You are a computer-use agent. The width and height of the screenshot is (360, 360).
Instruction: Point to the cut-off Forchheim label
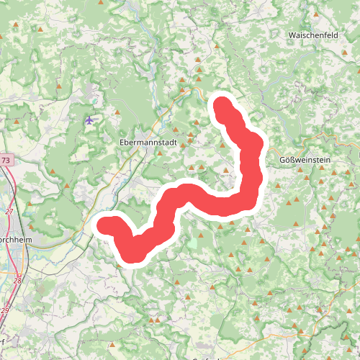point(14,240)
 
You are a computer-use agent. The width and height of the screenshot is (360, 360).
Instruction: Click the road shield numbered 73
point(6,160)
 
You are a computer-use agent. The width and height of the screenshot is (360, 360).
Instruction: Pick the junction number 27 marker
point(9,211)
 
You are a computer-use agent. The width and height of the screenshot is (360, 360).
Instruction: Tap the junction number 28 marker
point(17,279)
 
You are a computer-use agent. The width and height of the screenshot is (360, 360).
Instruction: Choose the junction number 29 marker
point(6,310)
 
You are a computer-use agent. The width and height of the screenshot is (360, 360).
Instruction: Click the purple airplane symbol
point(89,120)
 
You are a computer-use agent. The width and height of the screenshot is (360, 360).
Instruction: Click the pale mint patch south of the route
point(192,243)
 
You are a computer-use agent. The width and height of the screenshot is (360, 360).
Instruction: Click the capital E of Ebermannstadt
point(122,143)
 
